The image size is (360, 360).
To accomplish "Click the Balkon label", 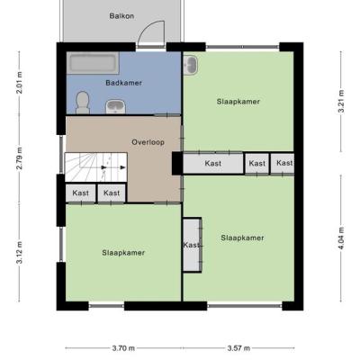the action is (121, 16).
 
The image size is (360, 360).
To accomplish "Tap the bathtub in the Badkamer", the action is (93, 63).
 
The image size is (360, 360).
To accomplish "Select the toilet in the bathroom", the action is (83, 103).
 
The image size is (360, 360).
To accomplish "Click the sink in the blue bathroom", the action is (116, 107).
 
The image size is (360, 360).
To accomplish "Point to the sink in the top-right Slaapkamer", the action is (191, 65).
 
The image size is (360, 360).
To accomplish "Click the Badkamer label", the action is (123, 83).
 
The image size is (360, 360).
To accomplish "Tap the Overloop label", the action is (148, 142).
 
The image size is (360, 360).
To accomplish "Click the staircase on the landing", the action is (96, 167).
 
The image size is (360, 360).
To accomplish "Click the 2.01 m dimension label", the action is (19, 83).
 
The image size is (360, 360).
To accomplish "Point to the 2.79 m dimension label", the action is (19, 158).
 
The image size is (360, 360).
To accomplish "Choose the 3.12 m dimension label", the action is (19, 252).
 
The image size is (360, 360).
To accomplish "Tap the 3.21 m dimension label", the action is (341, 102).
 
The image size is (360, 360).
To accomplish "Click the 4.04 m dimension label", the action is (341, 238).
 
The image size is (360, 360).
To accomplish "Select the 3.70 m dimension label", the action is (123, 348).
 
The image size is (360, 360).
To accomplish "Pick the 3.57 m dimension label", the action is (238, 348).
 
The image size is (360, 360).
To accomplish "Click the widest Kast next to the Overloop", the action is (213, 164).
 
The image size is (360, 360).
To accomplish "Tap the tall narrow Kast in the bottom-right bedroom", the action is (192, 245).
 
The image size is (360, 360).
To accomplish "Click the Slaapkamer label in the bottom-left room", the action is (123, 253).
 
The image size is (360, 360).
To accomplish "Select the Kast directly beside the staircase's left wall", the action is (81, 193).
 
